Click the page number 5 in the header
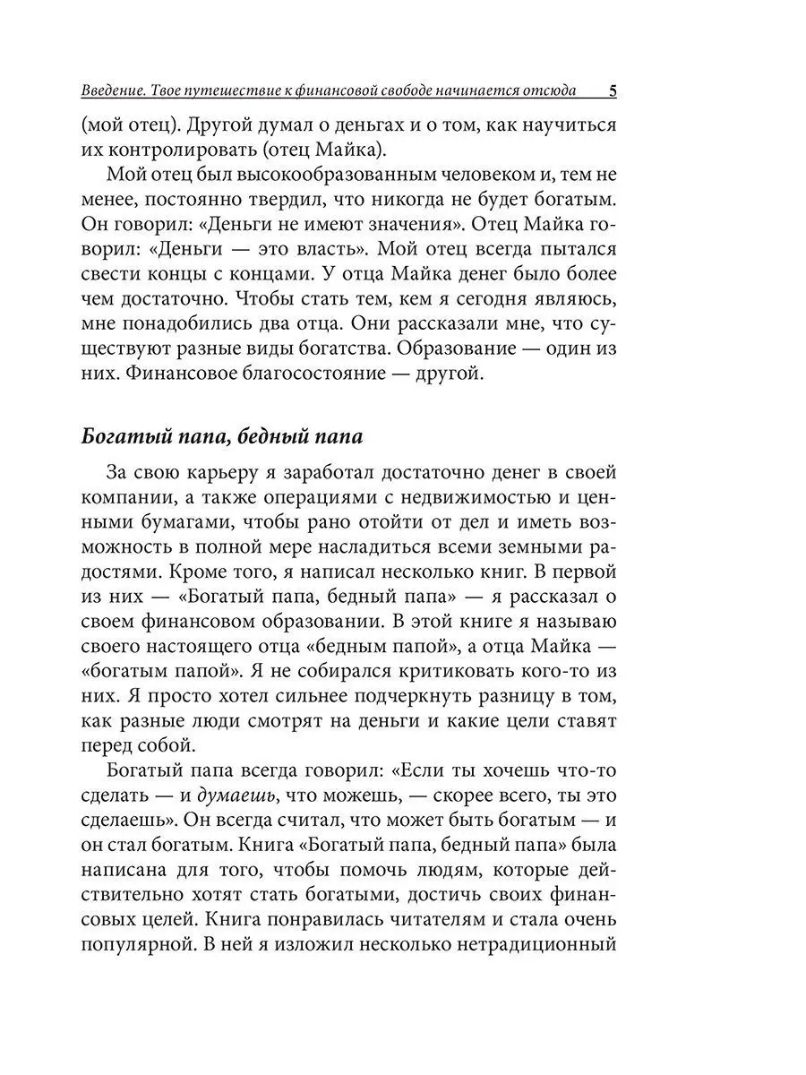pyautogui.click(x=612, y=90)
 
